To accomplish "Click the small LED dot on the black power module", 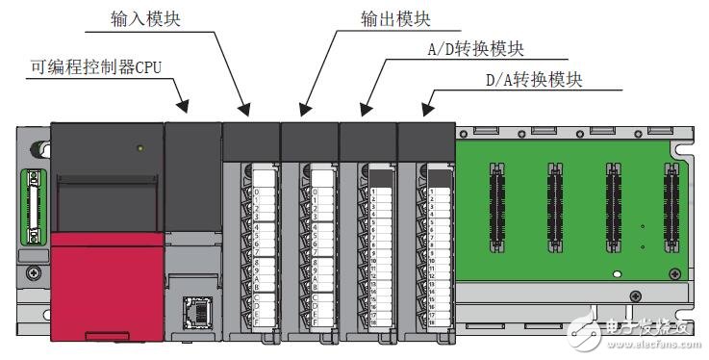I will click(140, 148).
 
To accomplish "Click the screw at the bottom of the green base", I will click(632, 296).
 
